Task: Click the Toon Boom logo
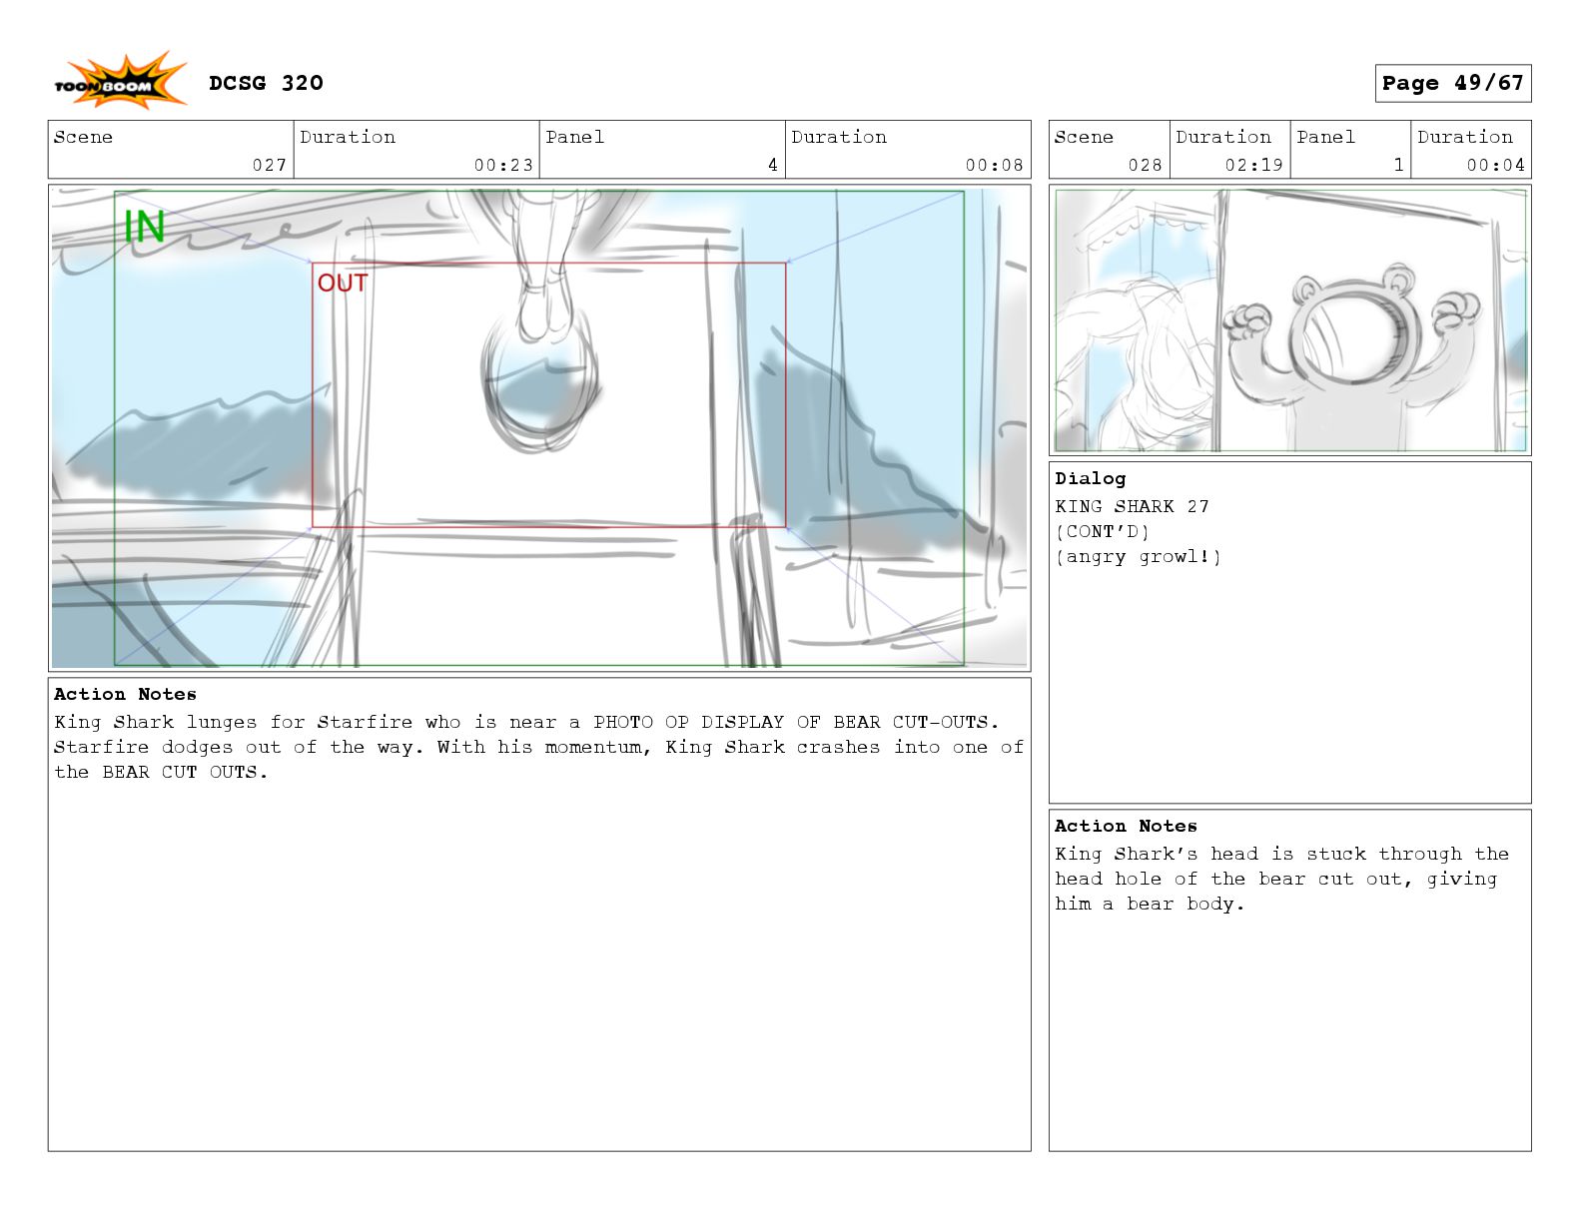tap(120, 81)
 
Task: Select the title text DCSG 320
tap(266, 83)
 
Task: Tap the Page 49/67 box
tap(1452, 83)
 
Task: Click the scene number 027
tap(269, 165)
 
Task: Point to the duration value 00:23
tap(503, 165)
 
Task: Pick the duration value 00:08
tap(994, 165)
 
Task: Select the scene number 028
tap(1145, 165)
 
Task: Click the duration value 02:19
tap(1253, 165)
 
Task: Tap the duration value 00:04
tap(1495, 165)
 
